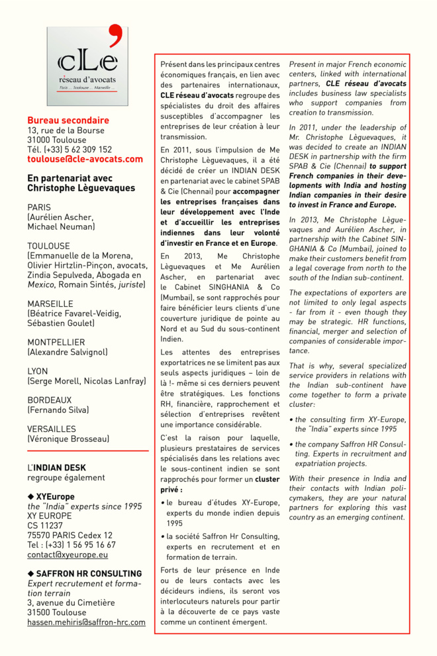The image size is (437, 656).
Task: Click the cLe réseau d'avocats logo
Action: [x=87, y=66]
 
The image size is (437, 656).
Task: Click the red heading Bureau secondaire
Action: [x=68, y=121]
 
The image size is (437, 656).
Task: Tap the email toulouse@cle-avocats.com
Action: [x=85, y=159]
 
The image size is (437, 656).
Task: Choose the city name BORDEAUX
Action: [x=49, y=400]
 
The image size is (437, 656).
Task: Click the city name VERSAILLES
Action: [x=52, y=429]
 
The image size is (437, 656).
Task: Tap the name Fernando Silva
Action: [x=58, y=410]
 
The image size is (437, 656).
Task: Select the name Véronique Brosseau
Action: [x=68, y=439]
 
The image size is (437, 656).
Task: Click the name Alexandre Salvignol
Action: [x=68, y=352]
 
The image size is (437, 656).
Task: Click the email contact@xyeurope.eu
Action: [x=68, y=555]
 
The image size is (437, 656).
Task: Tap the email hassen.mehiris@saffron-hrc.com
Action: [x=86, y=622]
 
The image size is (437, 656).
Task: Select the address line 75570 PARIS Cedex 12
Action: [x=70, y=535]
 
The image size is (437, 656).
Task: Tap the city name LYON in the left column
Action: [x=38, y=371]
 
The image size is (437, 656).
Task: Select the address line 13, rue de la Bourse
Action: [x=66, y=131]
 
